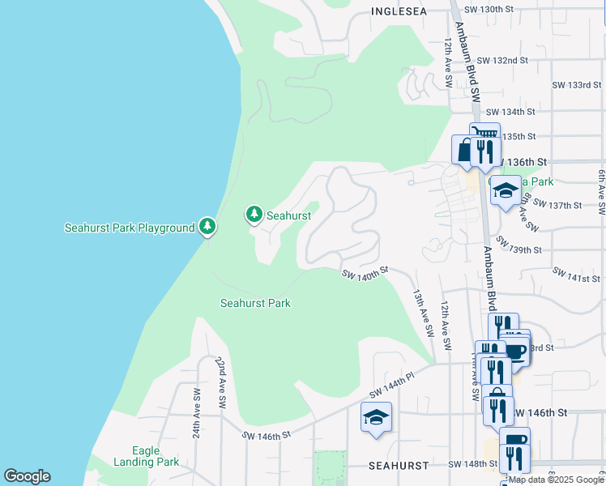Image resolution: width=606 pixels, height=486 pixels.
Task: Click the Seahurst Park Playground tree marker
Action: tap(208, 227)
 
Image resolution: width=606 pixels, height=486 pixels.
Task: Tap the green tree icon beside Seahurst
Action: tap(255, 215)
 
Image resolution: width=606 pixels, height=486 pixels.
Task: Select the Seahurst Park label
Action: tap(255, 303)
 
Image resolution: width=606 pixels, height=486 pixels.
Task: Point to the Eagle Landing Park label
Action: tap(156, 457)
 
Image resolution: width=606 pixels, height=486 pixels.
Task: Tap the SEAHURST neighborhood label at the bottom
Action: tap(398, 466)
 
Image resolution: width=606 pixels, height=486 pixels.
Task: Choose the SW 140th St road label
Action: tap(365, 275)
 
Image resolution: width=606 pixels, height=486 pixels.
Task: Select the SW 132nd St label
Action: tap(502, 61)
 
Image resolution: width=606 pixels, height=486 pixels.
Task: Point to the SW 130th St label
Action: tap(489, 9)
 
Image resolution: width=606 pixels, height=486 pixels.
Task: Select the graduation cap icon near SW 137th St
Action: tap(506, 191)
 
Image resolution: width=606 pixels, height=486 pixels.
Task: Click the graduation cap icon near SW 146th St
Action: tap(375, 418)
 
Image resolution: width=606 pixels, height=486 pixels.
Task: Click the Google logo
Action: tap(27, 476)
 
